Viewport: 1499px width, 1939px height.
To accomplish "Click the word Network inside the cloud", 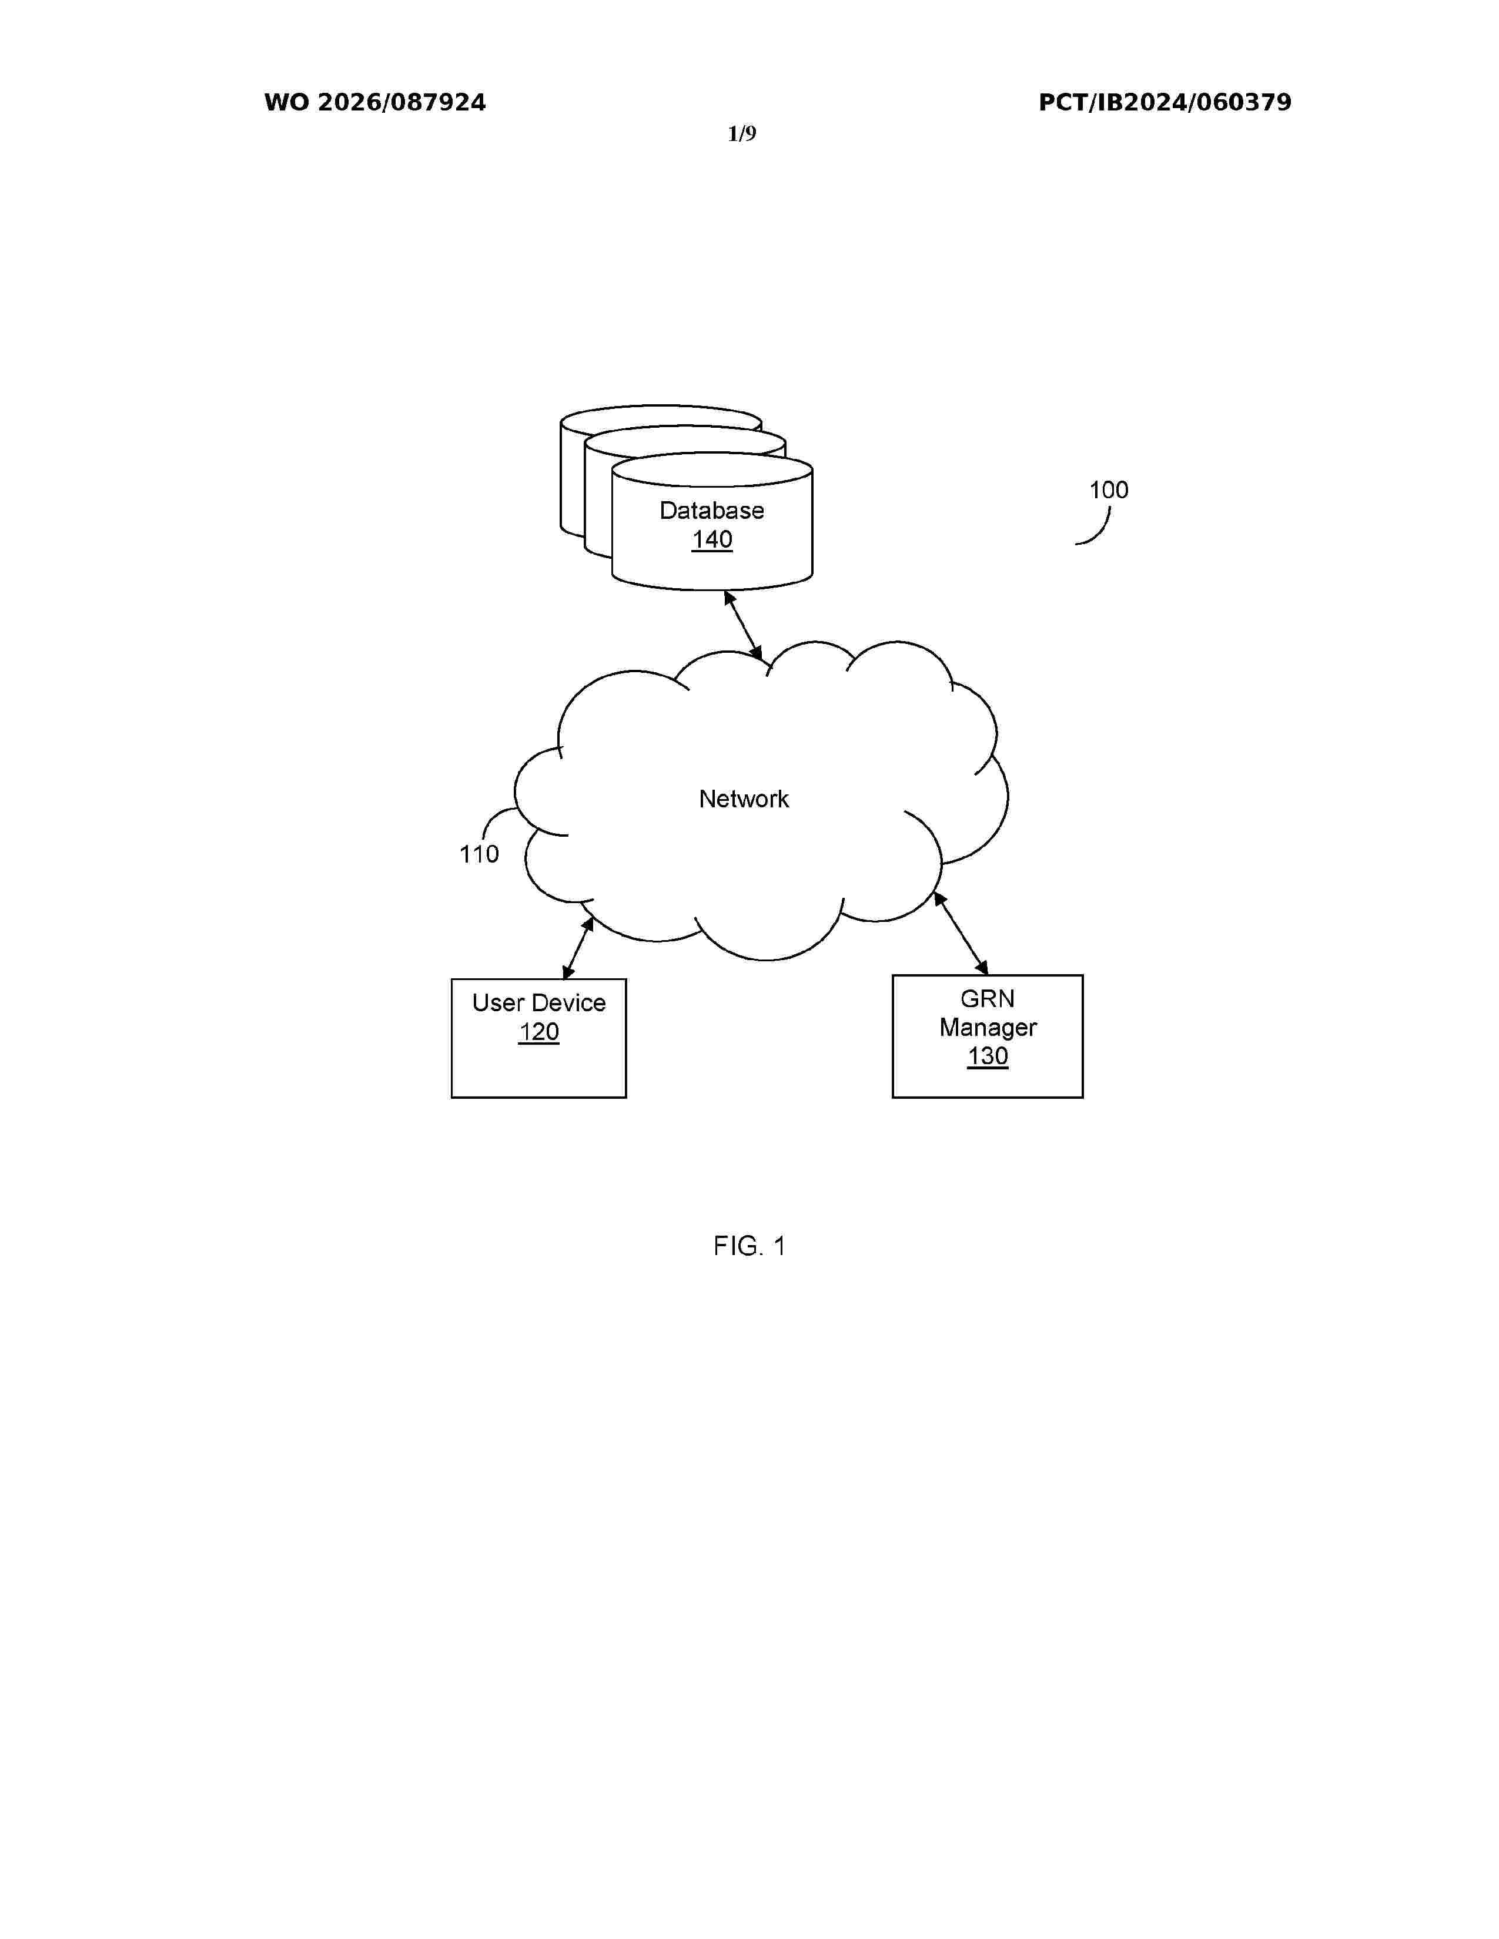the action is coord(743,799).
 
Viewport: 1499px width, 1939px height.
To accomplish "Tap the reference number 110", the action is coord(479,854).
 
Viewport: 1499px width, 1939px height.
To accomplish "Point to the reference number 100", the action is coord(1108,490).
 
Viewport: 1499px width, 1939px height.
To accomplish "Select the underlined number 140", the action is coord(712,540).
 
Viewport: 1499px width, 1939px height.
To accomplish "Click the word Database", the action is coord(711,511).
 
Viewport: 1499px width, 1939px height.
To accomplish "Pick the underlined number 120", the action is coord(539,1032).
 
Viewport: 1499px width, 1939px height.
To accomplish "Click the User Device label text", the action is coord(539,1003).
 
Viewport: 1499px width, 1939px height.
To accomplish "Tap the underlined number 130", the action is coord(988,1056).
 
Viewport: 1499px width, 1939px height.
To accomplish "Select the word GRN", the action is coord(988,999).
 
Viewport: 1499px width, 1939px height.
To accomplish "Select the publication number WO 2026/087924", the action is coord(375,103).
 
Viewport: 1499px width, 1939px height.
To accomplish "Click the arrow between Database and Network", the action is coord(743,625).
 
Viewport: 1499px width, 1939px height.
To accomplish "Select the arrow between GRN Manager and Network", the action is coord(961,933).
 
